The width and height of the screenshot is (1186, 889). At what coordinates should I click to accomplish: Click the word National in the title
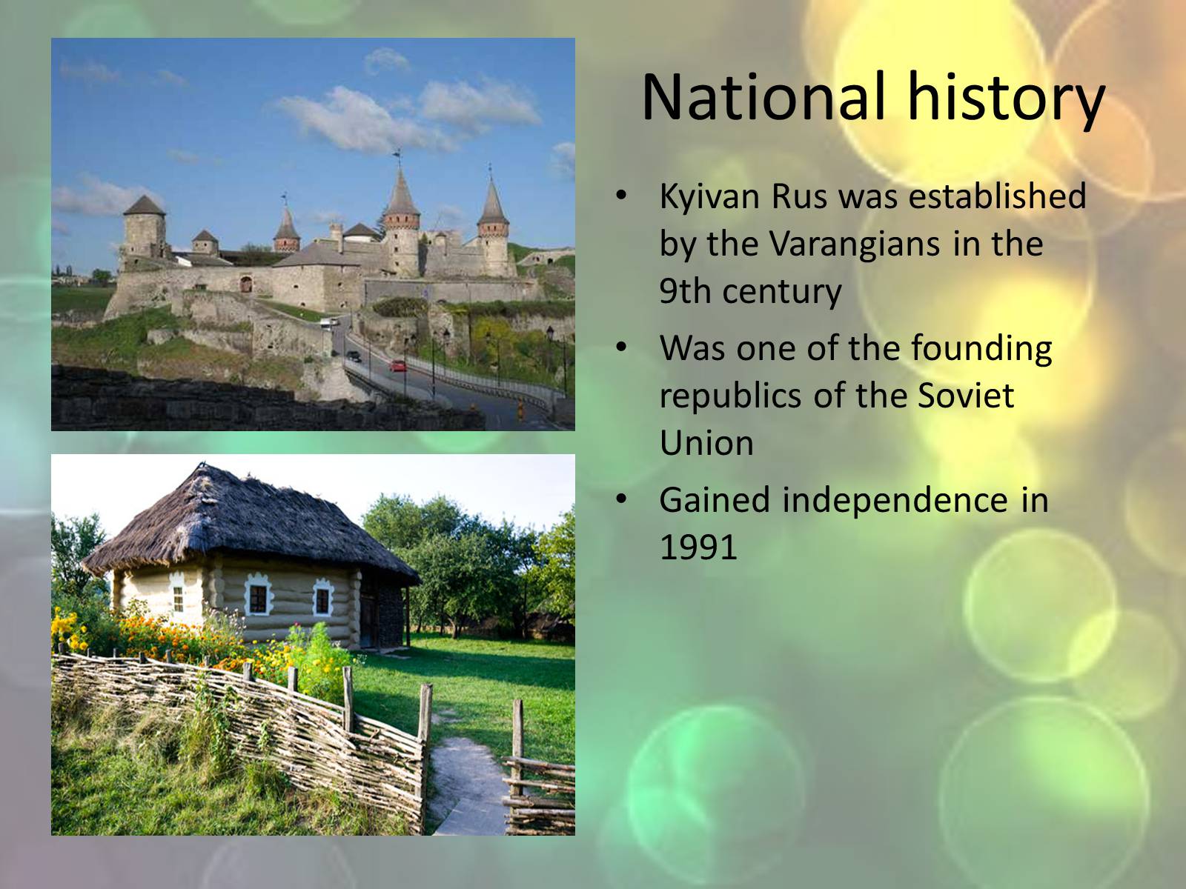click(x=764, y=96)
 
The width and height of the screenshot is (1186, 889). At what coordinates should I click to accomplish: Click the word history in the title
click(x=1006, y=100)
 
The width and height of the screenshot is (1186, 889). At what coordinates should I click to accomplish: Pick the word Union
click(x=706, y=443)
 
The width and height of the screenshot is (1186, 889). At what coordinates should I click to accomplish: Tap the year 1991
click(x=698, y=547)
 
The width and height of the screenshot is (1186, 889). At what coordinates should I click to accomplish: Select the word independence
click(x=895, y=500)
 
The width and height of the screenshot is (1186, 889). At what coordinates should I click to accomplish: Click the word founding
click(x=981, y=349)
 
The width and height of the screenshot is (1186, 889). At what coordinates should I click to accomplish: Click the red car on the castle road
click(x=397, y=366)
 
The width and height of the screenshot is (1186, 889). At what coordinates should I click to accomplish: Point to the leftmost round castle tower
click(x=145, y=230)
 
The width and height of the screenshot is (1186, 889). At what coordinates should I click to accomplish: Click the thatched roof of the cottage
click(x=248, y=524)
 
